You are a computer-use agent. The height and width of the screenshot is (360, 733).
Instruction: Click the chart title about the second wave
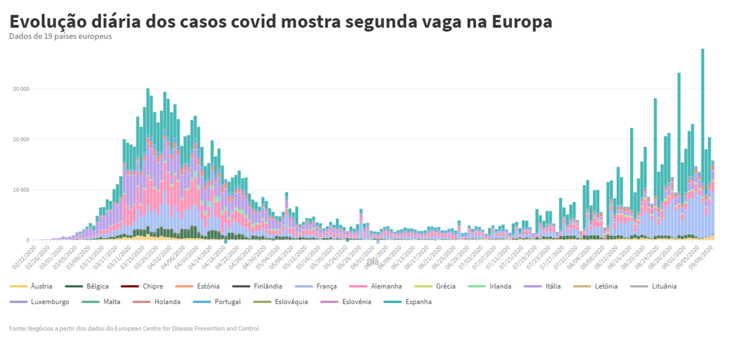[281, 21]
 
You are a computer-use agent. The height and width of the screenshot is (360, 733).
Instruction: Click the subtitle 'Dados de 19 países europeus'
[60, 36]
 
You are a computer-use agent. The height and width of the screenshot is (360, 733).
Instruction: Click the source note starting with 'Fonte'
[134, 329]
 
